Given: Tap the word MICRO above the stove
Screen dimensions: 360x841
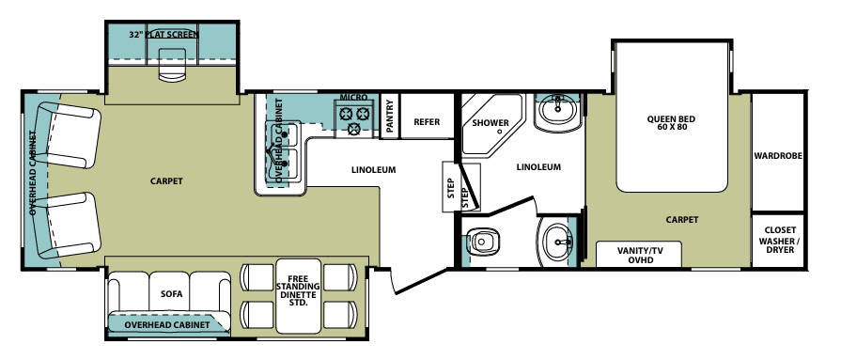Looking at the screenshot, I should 353,98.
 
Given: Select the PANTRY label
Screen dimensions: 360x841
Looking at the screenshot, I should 387,117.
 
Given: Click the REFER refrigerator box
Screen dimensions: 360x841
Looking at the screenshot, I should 427,121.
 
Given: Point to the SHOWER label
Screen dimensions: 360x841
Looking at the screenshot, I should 491,123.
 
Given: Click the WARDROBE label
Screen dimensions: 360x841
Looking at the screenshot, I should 778,156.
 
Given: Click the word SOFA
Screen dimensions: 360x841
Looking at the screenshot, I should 171,293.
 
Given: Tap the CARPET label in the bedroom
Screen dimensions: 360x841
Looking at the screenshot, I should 682,219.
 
